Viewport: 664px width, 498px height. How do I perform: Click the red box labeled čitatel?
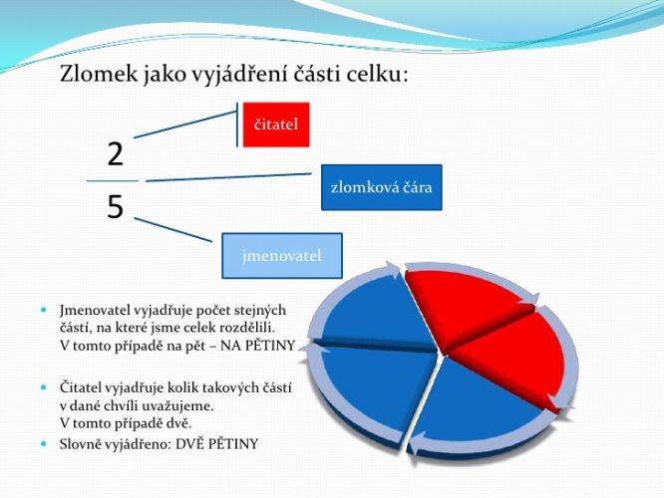[276, 124]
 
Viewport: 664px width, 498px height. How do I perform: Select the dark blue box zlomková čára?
[382, 187]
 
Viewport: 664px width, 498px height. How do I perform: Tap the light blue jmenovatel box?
[282, 256]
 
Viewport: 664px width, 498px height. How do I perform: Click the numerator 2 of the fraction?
[116, 154]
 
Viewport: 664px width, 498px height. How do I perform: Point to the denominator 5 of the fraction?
[116, 206]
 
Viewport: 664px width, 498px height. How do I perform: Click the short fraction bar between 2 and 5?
[113, 180]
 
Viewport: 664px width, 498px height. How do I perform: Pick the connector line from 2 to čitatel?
[185, 124]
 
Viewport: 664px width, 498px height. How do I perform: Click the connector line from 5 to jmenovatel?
[172, 230]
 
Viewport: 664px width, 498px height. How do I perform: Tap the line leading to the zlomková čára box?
[228, 177]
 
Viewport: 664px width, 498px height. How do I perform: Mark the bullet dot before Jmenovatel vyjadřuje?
[44, 310]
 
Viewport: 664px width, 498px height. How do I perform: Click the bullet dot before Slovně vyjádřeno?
[44, 444]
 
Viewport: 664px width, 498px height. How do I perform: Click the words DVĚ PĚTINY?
[216, 444]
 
